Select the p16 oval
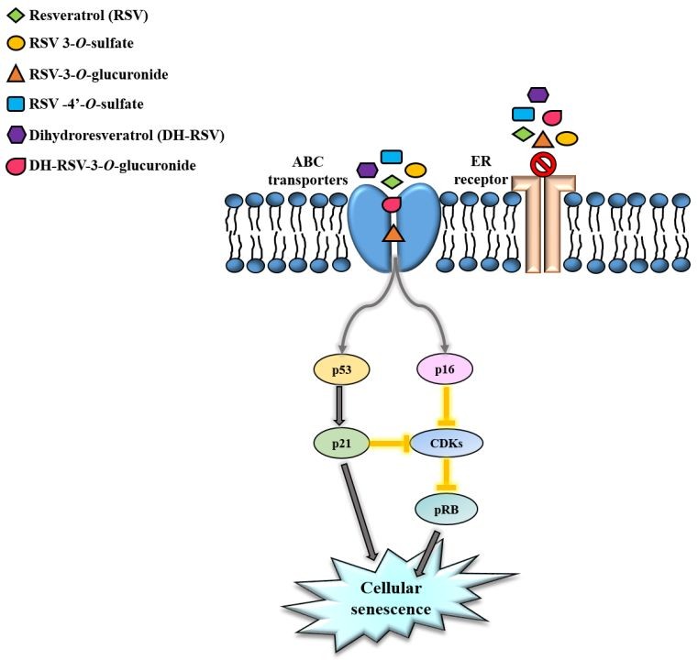tap(445, 369)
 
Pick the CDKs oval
tap(445, 444)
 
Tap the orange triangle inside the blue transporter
tap(393, 235)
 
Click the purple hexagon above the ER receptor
tap(538, 95)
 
